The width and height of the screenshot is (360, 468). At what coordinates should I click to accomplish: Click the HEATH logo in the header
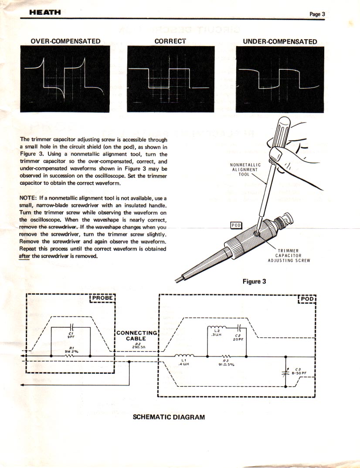tap(45, 13)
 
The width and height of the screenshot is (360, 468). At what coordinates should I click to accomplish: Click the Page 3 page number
tap(317, 14)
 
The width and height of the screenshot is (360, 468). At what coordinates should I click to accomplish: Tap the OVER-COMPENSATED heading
tap(65, 41)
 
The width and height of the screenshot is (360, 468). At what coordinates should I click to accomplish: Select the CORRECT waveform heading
tap(170, 41)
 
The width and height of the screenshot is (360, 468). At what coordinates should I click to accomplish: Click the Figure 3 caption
tap(254, 281)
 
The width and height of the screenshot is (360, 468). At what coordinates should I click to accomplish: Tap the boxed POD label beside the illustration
tap(235, 225)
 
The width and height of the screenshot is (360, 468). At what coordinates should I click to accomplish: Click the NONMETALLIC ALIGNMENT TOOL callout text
tap(245, 170)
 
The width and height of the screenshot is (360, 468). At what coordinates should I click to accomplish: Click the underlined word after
tap(24, 256)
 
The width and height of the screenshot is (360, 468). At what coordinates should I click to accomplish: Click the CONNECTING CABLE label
tap(136, 336)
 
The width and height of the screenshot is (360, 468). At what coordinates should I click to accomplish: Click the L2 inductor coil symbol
tap(217, 328)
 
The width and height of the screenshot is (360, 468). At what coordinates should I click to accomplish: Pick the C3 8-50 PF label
tap(299, 371)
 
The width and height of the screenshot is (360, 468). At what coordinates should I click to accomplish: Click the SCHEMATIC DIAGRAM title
tap(169, 417)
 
